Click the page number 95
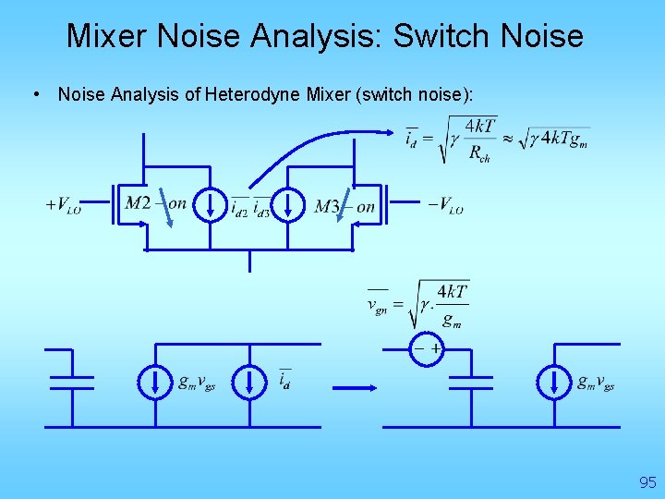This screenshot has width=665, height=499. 647,482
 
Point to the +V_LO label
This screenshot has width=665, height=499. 64,205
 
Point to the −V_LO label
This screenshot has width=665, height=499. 445,205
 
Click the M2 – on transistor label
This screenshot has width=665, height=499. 155,203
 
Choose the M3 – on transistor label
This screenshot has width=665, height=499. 345,206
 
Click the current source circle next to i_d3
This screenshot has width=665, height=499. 289,204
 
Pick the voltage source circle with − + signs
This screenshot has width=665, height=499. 427,349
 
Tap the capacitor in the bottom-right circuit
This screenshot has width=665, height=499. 469,381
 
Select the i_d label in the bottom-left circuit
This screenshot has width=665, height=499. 284,380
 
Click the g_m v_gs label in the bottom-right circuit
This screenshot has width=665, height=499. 596,382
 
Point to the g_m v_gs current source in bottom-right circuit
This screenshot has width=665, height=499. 554,382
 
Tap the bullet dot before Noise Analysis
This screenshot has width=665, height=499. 34,93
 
